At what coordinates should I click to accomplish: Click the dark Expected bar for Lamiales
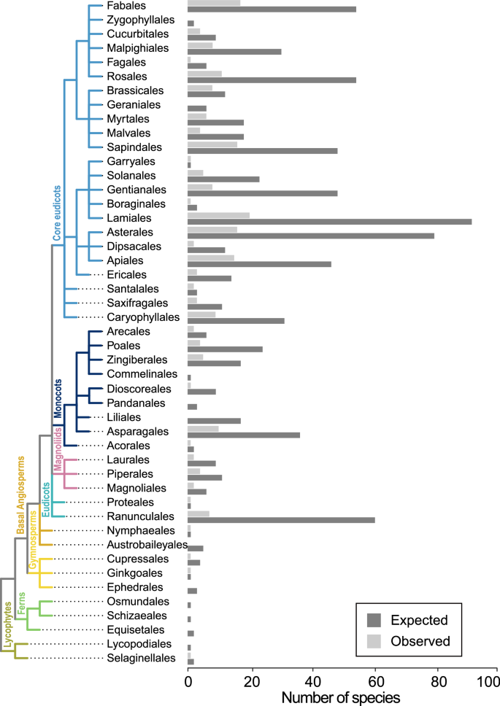pyautogui.click(x=329, y=222)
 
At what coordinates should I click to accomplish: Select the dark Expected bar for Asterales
pyautogui.click(x=310, y=236)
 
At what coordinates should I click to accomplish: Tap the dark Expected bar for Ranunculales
pyautogui.click(x=281, y=520)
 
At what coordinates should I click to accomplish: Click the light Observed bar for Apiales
pyautogui.click(x=211, y=257)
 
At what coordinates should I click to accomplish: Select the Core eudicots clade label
pyautogui.click(x=56, y=213)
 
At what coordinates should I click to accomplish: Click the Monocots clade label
pyautogui.click(x=58, y=399)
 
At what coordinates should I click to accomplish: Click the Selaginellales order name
pyautogui.click(x=139, y=658)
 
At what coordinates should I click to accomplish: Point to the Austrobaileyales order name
pyautogui.click(x=148, y=545)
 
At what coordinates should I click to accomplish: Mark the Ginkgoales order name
pyautogui.click(x=133, y=573)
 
